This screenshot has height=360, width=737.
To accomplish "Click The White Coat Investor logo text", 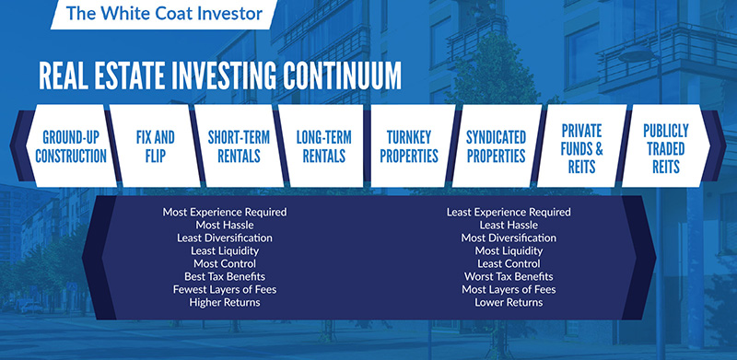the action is coord(164,13).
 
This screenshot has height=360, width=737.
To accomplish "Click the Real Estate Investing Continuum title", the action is coord(220,75).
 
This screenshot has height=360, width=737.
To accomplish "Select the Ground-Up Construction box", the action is coord(71,145).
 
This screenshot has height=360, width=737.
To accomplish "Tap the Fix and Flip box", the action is coord(155,145).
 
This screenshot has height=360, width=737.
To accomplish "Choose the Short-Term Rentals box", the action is coord(239,145).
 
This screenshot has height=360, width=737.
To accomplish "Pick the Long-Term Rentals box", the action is coord(323,145).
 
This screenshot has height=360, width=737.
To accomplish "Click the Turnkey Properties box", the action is coord(409,145).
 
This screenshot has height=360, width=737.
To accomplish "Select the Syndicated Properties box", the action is coord(496,145).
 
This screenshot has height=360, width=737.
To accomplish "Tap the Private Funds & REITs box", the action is coord(582,145).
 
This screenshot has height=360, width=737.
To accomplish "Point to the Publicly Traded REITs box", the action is coord(666,145).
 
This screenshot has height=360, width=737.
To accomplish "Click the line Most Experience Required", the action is coord(225,212).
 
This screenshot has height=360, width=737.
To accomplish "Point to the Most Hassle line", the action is coord(225,226).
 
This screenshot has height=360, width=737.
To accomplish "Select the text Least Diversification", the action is coord(225,238).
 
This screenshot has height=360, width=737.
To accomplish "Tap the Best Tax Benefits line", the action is coord(225,276).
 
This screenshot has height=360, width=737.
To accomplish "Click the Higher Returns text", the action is coord(225,302).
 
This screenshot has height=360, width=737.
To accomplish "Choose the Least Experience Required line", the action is coord(509,212).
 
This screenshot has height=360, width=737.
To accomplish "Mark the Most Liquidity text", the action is coord(509,251).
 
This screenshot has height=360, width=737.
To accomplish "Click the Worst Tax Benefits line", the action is coord(509,276).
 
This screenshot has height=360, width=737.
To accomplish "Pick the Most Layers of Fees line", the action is coord(509,289).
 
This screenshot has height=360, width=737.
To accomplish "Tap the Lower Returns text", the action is coord(509,302).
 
